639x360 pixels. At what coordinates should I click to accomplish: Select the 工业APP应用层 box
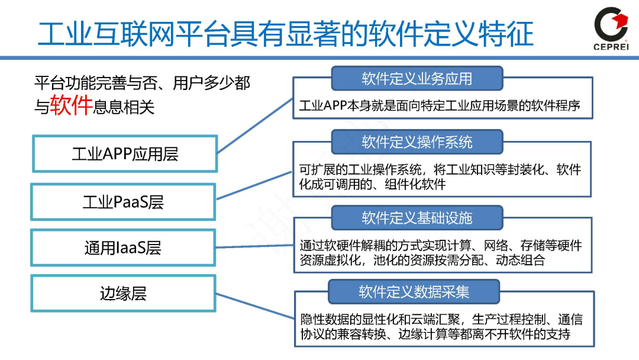click(124, 154)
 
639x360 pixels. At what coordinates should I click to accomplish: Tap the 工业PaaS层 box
click(124, 202)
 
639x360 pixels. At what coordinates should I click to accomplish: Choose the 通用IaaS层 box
click(124, 247)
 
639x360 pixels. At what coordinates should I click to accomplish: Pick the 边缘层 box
click(124, 293)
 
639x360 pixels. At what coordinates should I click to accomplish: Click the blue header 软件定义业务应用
click(417, 79)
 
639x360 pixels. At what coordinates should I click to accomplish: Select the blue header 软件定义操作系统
click(417, 142)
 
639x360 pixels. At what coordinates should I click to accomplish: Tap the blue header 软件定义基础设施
click(417, 217)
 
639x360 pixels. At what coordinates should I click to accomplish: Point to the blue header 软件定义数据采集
click(414, 291)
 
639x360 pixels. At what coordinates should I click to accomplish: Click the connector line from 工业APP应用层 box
click(254, 124)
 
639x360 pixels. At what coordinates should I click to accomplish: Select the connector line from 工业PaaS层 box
click(254, 186)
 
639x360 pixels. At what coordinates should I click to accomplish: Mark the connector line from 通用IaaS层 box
click(254, 244)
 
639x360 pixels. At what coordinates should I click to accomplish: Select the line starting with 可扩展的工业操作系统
click(440, 170)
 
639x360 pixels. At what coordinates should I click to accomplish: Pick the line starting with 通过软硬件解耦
click(440, 245)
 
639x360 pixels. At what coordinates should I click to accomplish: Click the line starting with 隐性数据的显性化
click(440, 320)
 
